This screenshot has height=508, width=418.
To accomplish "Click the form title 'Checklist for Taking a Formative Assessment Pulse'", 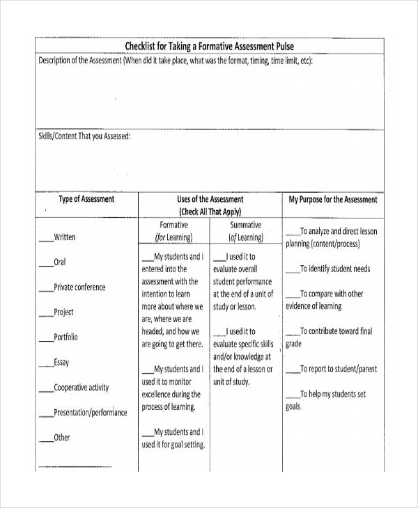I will click(209, 47).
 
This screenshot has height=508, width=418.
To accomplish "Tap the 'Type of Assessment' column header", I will click(86, 200).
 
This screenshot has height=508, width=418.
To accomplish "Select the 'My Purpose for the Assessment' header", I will click(333, 200).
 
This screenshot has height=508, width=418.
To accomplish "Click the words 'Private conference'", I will click(79, 287).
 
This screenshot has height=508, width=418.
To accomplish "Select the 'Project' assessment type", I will click(63, 312).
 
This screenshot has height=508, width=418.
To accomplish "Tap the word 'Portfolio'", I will click(66, 338).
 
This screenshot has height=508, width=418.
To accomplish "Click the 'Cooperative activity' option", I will click(82, 388).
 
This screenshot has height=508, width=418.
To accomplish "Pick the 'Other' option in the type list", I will click(62, 438).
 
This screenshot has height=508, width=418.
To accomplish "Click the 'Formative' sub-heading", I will click(173, 225).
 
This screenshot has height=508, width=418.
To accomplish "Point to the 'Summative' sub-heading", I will click(245, 225).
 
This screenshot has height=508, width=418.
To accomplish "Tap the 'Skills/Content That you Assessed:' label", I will click(84, 136).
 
